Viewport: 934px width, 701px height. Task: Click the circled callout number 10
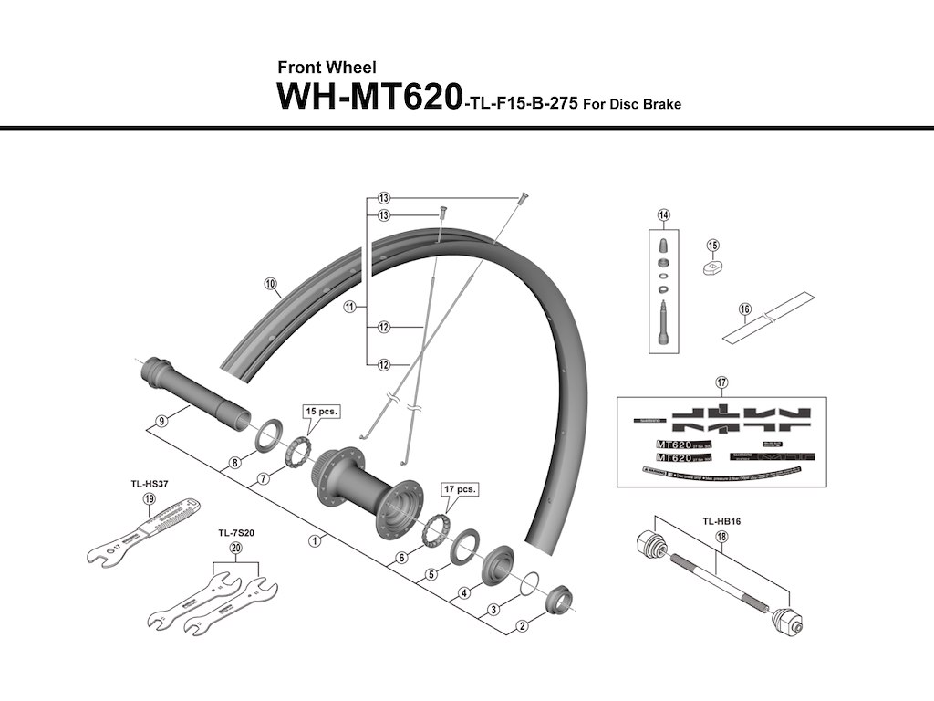[270, 284]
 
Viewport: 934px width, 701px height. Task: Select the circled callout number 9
[161, 421]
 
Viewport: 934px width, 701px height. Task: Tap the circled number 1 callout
[314, 540]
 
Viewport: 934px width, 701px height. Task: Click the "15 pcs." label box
[320, 412]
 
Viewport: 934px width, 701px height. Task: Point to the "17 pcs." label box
[459, 489]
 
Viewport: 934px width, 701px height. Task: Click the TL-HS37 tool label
[150, 485]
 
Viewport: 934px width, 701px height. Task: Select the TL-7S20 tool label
[235, 532]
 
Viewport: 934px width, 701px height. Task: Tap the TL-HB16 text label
[721, 521]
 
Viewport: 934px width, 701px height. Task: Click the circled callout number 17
[721, 382]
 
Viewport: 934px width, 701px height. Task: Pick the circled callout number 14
[663, 215]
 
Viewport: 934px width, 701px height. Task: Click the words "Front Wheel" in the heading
[326, 68]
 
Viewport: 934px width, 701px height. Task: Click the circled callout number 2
[523, 626]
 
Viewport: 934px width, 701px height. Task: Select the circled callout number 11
[349, 308]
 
